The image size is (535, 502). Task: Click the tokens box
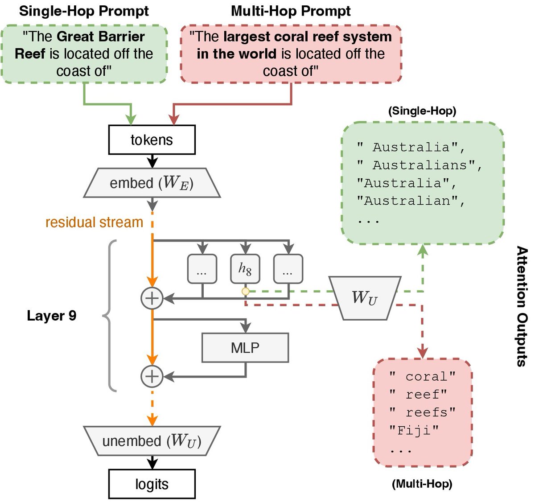152,140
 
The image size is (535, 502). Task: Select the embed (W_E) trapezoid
152,183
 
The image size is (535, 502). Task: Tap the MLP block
245,348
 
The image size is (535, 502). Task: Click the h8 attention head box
245,269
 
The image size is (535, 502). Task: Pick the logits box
152,484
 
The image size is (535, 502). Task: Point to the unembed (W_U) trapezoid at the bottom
152,441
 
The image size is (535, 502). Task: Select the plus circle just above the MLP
152,298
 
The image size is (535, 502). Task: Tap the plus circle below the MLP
152,377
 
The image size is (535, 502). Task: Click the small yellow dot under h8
245,292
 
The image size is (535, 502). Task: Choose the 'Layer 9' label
51,316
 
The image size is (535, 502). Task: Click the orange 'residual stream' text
94,222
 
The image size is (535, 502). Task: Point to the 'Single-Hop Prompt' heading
84,11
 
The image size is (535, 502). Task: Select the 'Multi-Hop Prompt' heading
291,11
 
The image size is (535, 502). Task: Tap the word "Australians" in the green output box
424,165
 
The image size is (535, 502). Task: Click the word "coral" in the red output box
430,377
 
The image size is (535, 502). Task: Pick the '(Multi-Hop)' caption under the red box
422,484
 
